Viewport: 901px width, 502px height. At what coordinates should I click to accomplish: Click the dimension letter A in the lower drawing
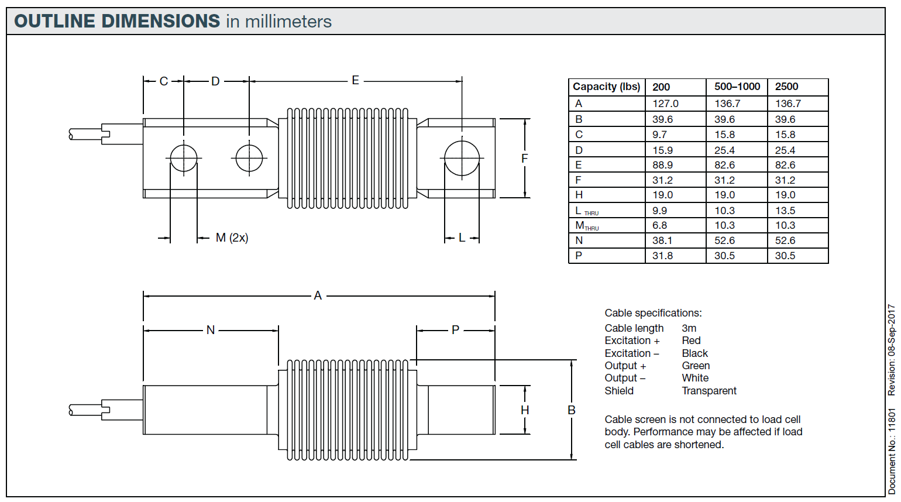point(318,295)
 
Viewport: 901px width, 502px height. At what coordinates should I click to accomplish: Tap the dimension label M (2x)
point(232,238)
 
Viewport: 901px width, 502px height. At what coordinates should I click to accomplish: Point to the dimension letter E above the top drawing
point(355,80)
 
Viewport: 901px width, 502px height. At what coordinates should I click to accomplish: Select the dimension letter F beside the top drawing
point(524,158)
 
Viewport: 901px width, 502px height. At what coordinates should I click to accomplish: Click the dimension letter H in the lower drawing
point(525,410)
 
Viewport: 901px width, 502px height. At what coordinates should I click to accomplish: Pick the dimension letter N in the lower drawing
point(211,330)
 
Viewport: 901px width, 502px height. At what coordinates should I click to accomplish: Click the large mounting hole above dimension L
point(462,158)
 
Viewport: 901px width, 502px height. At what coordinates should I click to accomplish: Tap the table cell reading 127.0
point(665,104)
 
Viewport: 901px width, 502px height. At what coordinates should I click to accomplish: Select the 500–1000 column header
point(737,87)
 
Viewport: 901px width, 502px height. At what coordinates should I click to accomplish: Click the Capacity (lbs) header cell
point(606,87)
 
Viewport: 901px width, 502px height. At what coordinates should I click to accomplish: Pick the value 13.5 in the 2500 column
point(785,210)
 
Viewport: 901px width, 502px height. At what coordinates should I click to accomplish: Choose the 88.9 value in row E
point(663,165)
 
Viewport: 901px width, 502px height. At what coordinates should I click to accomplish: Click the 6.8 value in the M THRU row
point(660,225)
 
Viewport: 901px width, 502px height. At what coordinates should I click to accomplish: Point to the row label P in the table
point(579,256)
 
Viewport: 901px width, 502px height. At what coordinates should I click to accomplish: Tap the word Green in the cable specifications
point(696,366)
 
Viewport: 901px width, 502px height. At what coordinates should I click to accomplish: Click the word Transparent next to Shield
point(709,391)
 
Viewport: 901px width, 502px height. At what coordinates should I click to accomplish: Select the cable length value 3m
point(689,328)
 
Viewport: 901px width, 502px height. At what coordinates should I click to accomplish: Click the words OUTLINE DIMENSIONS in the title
point(117,21)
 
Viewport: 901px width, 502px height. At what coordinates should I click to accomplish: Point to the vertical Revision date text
point(891,350)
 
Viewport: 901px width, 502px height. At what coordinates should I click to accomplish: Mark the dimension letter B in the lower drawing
point(572,410)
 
